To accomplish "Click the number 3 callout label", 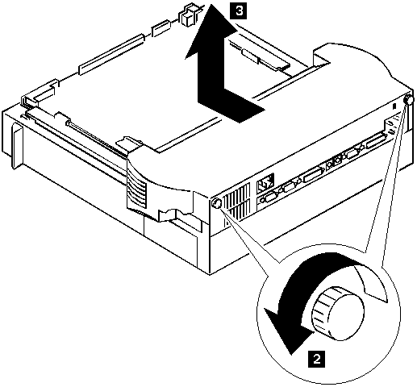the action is (x=239, y=12).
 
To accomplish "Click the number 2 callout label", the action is (x=317, y=359).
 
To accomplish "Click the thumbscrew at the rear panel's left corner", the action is (x=216, y=202).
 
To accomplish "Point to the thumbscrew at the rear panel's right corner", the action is (x=408, y=101).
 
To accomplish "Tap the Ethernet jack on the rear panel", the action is (x=265, y=183).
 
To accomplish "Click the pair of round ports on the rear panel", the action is (x=334, y=163).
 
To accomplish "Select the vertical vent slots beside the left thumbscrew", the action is (x=237, y=201).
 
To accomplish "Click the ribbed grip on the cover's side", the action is (x=137, y=191).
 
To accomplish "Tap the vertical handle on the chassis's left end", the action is (x=17, y=147).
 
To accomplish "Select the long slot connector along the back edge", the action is (x=111, y=55).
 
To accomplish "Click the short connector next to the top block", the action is (x=161, y=28).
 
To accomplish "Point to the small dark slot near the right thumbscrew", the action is (x=394, y=106).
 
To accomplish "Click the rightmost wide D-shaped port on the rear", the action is (x=376, y=140).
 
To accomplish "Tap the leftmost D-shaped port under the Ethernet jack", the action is (x=269, y=198).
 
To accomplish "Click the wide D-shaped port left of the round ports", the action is (x=312, y=175).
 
